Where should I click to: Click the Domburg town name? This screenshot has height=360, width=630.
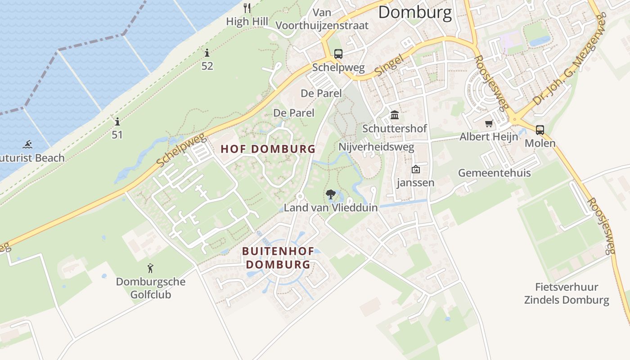pyautogui.click(x=414, y=13)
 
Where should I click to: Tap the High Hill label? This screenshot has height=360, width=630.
pyautogui.click(x=247, y=21)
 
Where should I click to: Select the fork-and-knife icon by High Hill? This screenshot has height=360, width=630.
pyautogui.click(x=247, y=8)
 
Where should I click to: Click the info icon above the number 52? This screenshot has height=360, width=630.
pyautogui.click(x=207, y=53)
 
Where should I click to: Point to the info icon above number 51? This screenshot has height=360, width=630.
pyautogui.click(x=117, y=121)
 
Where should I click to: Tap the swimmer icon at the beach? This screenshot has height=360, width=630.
pyautogui.click(x=27, y=144)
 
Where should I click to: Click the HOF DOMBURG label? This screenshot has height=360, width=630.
pyautogui.click(x=268, y=149)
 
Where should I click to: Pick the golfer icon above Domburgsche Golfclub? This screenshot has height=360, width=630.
pyautogui.click(x=150, y=269)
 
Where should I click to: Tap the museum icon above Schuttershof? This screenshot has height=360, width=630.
pyautogui.click(x=395, y=115)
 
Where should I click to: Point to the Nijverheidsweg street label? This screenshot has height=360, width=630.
pyautogui.click(x=376, y=147)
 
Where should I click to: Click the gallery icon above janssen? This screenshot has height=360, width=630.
pyautogui.click(x=415, y=170)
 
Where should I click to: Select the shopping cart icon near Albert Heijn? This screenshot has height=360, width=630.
pyautogui.click(x=489, y=123)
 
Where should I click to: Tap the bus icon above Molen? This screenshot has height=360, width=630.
pyautogui.click(x=540, y=130)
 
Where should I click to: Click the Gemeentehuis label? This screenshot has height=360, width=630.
pyautogui.click(x=494, y=173)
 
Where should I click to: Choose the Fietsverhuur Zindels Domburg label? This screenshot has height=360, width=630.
pyautogui.click(x=567, y=293)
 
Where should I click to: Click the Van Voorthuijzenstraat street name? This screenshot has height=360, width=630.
pyautogui.click(x=322, y=19)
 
